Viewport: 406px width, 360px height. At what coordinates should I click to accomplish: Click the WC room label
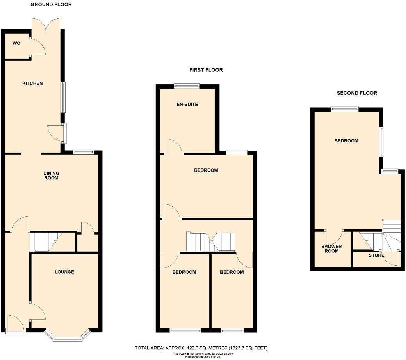click(x=16, y=43)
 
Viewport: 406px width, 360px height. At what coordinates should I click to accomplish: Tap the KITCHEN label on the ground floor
click(x=32, y=83)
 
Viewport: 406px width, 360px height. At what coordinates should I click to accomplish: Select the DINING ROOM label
click(x=51, y=176)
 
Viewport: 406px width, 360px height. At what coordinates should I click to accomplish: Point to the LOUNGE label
click(x=64, y=272)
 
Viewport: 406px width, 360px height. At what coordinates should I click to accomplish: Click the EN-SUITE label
click(x=187, y=105)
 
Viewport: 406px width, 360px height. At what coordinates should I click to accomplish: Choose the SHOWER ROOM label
click(x=331, y=248)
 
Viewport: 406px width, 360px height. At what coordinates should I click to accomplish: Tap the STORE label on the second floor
click(x=376, y=255)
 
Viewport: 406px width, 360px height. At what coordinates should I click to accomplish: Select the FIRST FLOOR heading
click(x=206, y=70)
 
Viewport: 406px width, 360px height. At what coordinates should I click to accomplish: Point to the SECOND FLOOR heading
click(x=357, y=93)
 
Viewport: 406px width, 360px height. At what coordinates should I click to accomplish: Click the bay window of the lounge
click(x=68, y=336)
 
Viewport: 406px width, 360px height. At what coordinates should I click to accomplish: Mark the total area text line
click(x=201, y=348)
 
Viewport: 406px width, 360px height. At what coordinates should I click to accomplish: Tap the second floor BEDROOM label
click(x=346, y=141)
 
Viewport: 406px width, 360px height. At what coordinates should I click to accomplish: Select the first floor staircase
click(x=211, y=242)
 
